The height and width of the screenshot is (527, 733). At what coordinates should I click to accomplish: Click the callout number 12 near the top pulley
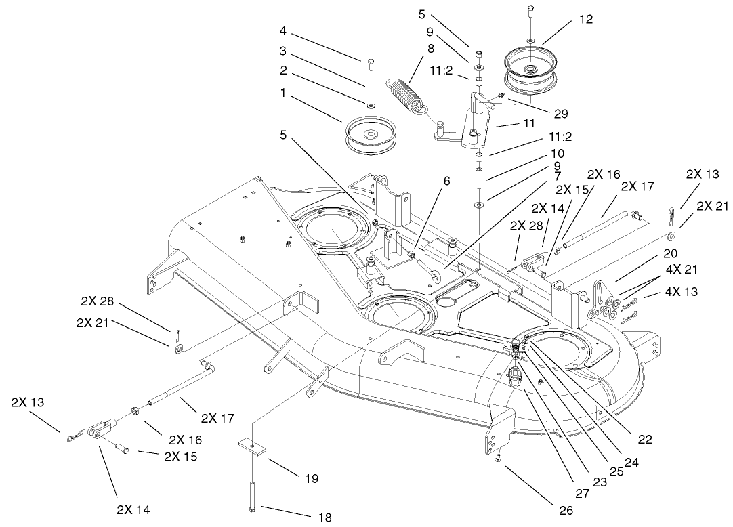586,20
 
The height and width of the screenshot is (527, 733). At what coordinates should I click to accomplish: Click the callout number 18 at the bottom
324,518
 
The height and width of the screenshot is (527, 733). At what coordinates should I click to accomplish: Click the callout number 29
560,114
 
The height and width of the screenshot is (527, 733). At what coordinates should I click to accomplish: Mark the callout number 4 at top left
282,30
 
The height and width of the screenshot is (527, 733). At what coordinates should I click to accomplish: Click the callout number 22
644,440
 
